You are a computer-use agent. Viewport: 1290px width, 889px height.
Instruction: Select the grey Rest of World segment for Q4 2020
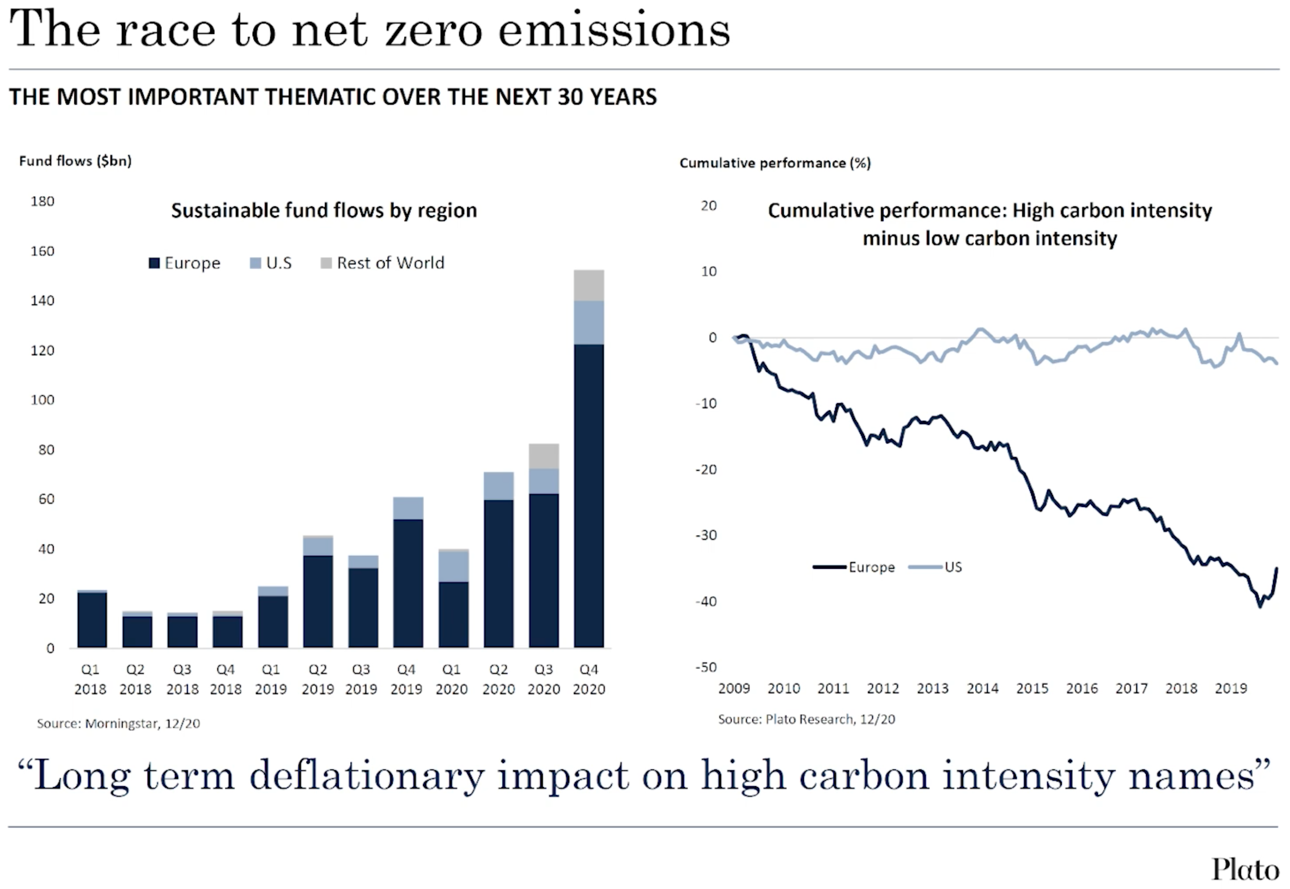[x=589, y=285]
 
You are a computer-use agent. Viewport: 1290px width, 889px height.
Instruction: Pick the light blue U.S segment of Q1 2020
[x=453, y=566]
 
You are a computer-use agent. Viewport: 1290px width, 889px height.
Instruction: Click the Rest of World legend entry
[x=383, y=263]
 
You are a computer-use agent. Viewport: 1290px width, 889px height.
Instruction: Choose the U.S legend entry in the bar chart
[x=271, y=263]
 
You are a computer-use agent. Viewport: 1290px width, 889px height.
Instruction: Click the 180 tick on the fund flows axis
[x=42, y=201]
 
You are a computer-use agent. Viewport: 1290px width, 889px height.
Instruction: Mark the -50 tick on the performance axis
[x=706, y=667]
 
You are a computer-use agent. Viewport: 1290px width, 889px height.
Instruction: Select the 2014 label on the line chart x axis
[x=982, y=688]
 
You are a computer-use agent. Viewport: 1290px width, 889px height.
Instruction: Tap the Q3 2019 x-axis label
[x=361, y=679]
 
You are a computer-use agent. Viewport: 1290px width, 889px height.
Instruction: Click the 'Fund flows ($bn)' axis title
[x=75, y=161]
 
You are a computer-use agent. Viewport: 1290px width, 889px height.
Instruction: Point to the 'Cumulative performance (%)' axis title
[x=774, y=163]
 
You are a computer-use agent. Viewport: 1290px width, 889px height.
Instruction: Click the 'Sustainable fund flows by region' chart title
[x=324, y=211]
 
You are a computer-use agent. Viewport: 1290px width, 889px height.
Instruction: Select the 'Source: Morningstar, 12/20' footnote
[x=118, y=723]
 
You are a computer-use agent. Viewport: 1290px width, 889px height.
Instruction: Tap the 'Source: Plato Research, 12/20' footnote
[x=806, y=719]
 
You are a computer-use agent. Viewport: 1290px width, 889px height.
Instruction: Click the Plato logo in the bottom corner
[x=1245, y=869]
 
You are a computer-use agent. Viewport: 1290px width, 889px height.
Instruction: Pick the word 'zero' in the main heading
[x=433, y=31]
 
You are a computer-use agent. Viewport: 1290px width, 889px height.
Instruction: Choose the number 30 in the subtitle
[x=570, y=97]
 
